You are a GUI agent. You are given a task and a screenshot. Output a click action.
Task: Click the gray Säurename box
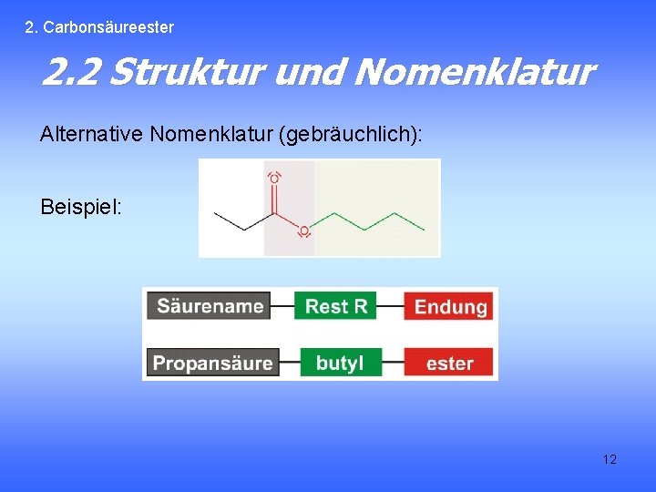point(210,306)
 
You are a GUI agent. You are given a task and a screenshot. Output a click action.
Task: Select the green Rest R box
point(335,306)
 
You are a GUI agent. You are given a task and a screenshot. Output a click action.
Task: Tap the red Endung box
point(450,306)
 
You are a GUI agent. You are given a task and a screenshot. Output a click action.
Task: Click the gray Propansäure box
point(212,363)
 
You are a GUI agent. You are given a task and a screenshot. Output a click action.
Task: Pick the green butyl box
point(340,363)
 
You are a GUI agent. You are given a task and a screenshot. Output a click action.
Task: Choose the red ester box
point(449,363)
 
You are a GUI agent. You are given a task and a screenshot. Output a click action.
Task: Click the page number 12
point(610,459)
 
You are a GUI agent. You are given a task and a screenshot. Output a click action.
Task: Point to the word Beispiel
point(80,207)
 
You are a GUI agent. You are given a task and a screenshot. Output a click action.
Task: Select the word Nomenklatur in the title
point(473,71)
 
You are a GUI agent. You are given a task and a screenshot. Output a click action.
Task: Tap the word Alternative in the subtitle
point(92,135)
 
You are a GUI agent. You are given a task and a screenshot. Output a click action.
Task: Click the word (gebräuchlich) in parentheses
point(353,135)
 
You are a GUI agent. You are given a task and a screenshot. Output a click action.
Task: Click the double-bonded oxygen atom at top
point(274,179)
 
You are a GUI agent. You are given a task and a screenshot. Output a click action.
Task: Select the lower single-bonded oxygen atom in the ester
point(303,231)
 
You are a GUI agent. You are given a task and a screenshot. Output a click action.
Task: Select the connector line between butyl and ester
point(393,363)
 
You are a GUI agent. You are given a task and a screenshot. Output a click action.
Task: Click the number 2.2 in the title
point(72,71)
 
